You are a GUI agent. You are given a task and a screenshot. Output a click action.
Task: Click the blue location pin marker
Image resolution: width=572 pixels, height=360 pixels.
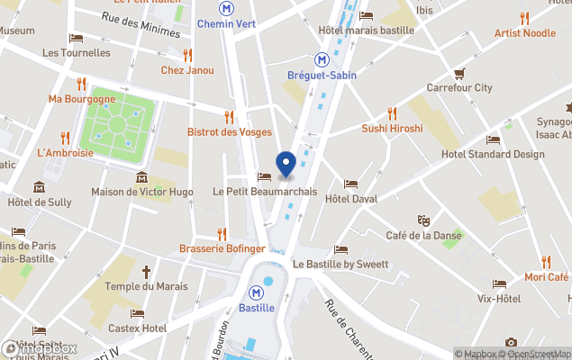286,165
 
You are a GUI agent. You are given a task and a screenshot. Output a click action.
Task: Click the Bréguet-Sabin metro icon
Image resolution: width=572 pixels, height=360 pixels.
321,59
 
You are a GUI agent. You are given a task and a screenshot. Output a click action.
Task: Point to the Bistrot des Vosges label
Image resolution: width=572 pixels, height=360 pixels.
229,131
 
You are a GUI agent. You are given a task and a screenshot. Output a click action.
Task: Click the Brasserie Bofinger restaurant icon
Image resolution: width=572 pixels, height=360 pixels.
222,234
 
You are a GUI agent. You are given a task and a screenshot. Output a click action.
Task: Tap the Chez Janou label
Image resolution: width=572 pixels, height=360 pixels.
187,70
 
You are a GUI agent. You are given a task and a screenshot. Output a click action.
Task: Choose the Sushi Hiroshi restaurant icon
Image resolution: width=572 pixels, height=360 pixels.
392,113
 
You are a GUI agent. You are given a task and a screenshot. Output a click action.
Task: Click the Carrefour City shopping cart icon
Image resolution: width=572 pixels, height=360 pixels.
459,73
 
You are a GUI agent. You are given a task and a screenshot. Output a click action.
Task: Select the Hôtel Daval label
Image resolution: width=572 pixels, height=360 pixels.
350,198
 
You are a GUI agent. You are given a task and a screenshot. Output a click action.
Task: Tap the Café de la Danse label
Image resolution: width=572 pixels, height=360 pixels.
423,236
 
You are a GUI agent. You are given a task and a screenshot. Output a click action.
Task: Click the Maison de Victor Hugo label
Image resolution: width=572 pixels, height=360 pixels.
143,192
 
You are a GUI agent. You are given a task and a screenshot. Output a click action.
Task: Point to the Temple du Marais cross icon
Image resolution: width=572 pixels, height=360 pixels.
146,271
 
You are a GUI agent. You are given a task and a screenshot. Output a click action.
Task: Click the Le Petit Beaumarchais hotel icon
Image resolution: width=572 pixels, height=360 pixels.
264,176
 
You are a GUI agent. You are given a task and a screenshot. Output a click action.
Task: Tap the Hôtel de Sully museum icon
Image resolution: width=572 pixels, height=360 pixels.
40,187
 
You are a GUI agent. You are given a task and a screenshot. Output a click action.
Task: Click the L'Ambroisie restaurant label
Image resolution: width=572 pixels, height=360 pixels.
65,153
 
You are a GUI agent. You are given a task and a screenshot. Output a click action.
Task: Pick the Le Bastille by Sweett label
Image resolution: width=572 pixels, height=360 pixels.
340,265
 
